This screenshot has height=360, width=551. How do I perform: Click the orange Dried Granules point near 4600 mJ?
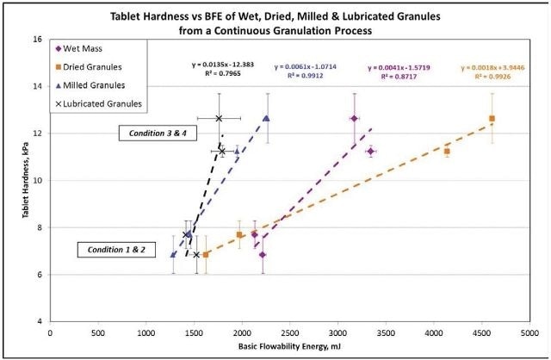coord(492,119)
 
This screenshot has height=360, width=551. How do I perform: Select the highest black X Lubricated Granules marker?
coord(219,119)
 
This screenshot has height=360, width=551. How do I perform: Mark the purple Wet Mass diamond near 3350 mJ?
coord(370,151)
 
